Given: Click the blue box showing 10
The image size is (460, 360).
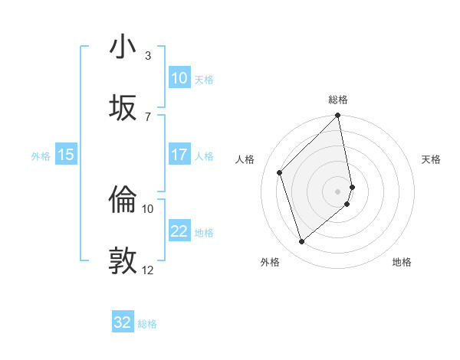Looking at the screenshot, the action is pyautogui.click(x=179, y=78).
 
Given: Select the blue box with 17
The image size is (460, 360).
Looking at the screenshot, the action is pyautogui.click(x=179, y=155).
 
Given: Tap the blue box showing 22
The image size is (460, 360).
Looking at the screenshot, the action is pyautogui.click(x=179, y=231).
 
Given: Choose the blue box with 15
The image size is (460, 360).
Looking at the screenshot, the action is pyautogui.click(x=66, y=155).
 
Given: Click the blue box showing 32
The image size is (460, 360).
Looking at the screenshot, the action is pyautogui.click(x=123, y=322).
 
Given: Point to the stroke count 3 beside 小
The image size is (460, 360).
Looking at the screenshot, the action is pyautogui.click(x=148, y=56).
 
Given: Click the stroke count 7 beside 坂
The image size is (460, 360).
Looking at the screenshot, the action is pyautogui.click(x=148, y=116).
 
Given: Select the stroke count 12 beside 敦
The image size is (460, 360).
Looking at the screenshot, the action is pyautogui.click(x=148, y=270).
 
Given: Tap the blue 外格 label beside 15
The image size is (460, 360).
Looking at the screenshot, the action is pyautogui.click(x=41, y=155).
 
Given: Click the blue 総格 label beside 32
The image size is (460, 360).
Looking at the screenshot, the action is pyautogui.click(x=147, y=324).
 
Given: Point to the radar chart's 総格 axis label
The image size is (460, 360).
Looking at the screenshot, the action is pyautogui.click(x=338, y=100).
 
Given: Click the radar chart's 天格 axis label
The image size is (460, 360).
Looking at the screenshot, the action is pyautogui.click(x=431, y=159).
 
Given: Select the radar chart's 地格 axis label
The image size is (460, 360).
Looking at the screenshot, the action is pyautogui.click(x=402, y=262).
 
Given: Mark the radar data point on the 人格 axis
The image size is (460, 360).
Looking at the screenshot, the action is pyautogui.click(x=280, y=172).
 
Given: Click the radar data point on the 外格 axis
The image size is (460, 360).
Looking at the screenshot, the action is pyautogui.click(x=302, y=242).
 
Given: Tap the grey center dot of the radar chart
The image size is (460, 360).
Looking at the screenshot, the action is pyautogui.click(x=338, y=191).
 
